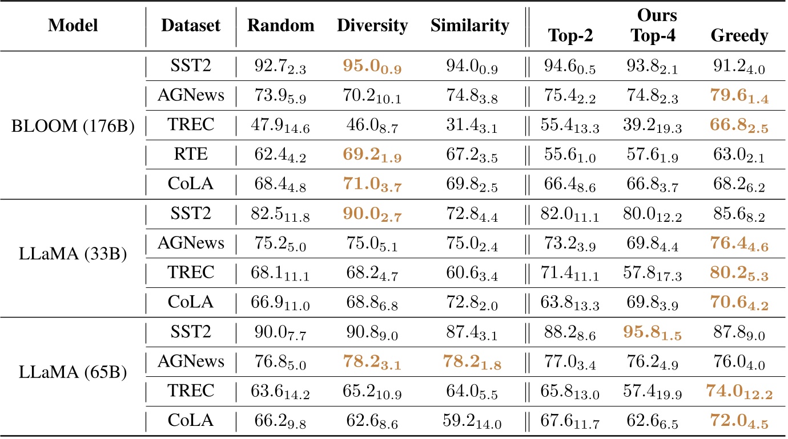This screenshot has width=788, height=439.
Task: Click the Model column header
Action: (x=73, y=26)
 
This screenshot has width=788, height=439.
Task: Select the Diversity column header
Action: (x=372, y=26)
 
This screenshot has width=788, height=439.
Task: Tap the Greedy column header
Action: (x=739, y=36)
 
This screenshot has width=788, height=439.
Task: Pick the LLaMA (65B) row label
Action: (x=73, y=377)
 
